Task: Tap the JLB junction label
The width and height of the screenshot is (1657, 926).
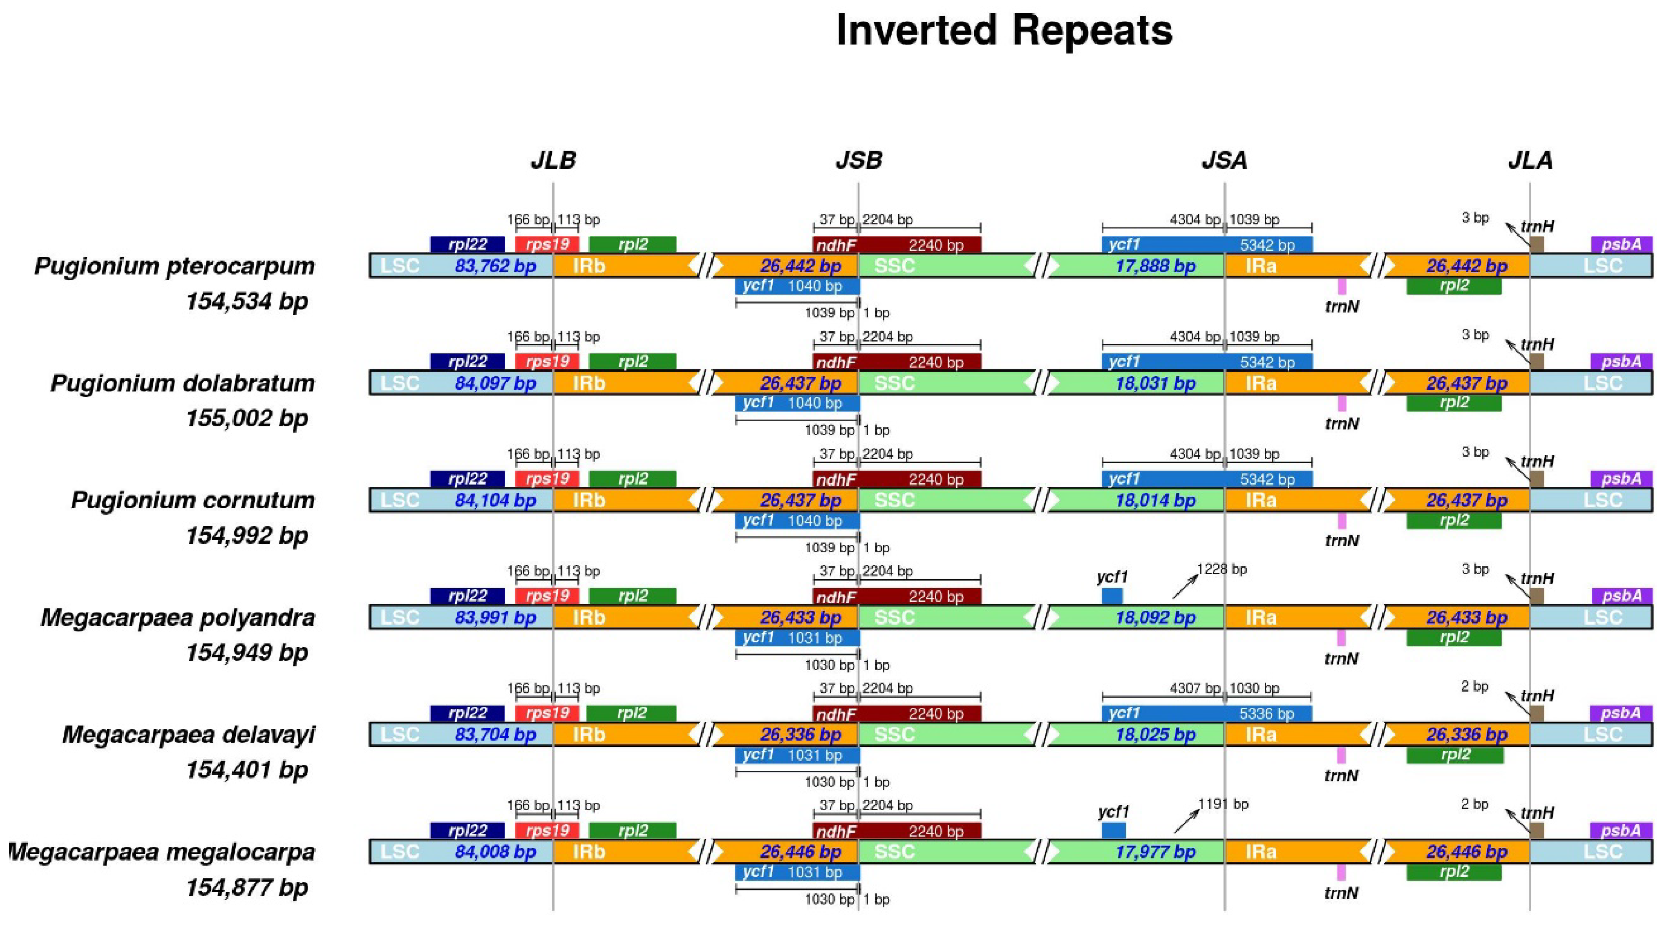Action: point(553,160)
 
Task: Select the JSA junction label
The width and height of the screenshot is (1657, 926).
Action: point(1224,160)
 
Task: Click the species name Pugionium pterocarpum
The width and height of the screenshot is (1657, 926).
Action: point(174,266)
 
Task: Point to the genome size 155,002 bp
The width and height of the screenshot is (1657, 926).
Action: point(247,419)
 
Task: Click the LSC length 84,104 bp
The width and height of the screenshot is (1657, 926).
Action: point(495,500)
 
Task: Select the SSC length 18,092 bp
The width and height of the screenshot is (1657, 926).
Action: point(1155,617)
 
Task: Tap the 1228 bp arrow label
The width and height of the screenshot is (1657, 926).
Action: point(1222,569)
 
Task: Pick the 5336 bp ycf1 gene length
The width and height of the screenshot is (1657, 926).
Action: point(1267,714)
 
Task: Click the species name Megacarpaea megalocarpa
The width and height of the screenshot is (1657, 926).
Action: point(161,852)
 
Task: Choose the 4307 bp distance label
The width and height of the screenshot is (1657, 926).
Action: point(1195,688)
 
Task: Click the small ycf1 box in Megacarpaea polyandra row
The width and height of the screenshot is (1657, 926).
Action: point(1112,596)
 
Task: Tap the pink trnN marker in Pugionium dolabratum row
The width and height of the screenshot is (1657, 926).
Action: point(1342,404)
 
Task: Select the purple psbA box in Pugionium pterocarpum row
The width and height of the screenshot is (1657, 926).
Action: point(1621,244)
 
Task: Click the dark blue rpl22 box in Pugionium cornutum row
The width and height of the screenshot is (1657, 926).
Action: point(468,479)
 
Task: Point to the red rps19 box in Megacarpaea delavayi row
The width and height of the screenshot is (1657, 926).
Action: point(547,713)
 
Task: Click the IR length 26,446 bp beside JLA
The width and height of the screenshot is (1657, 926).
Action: point(1466,852)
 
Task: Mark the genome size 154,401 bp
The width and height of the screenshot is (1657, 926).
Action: point(247,770)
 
